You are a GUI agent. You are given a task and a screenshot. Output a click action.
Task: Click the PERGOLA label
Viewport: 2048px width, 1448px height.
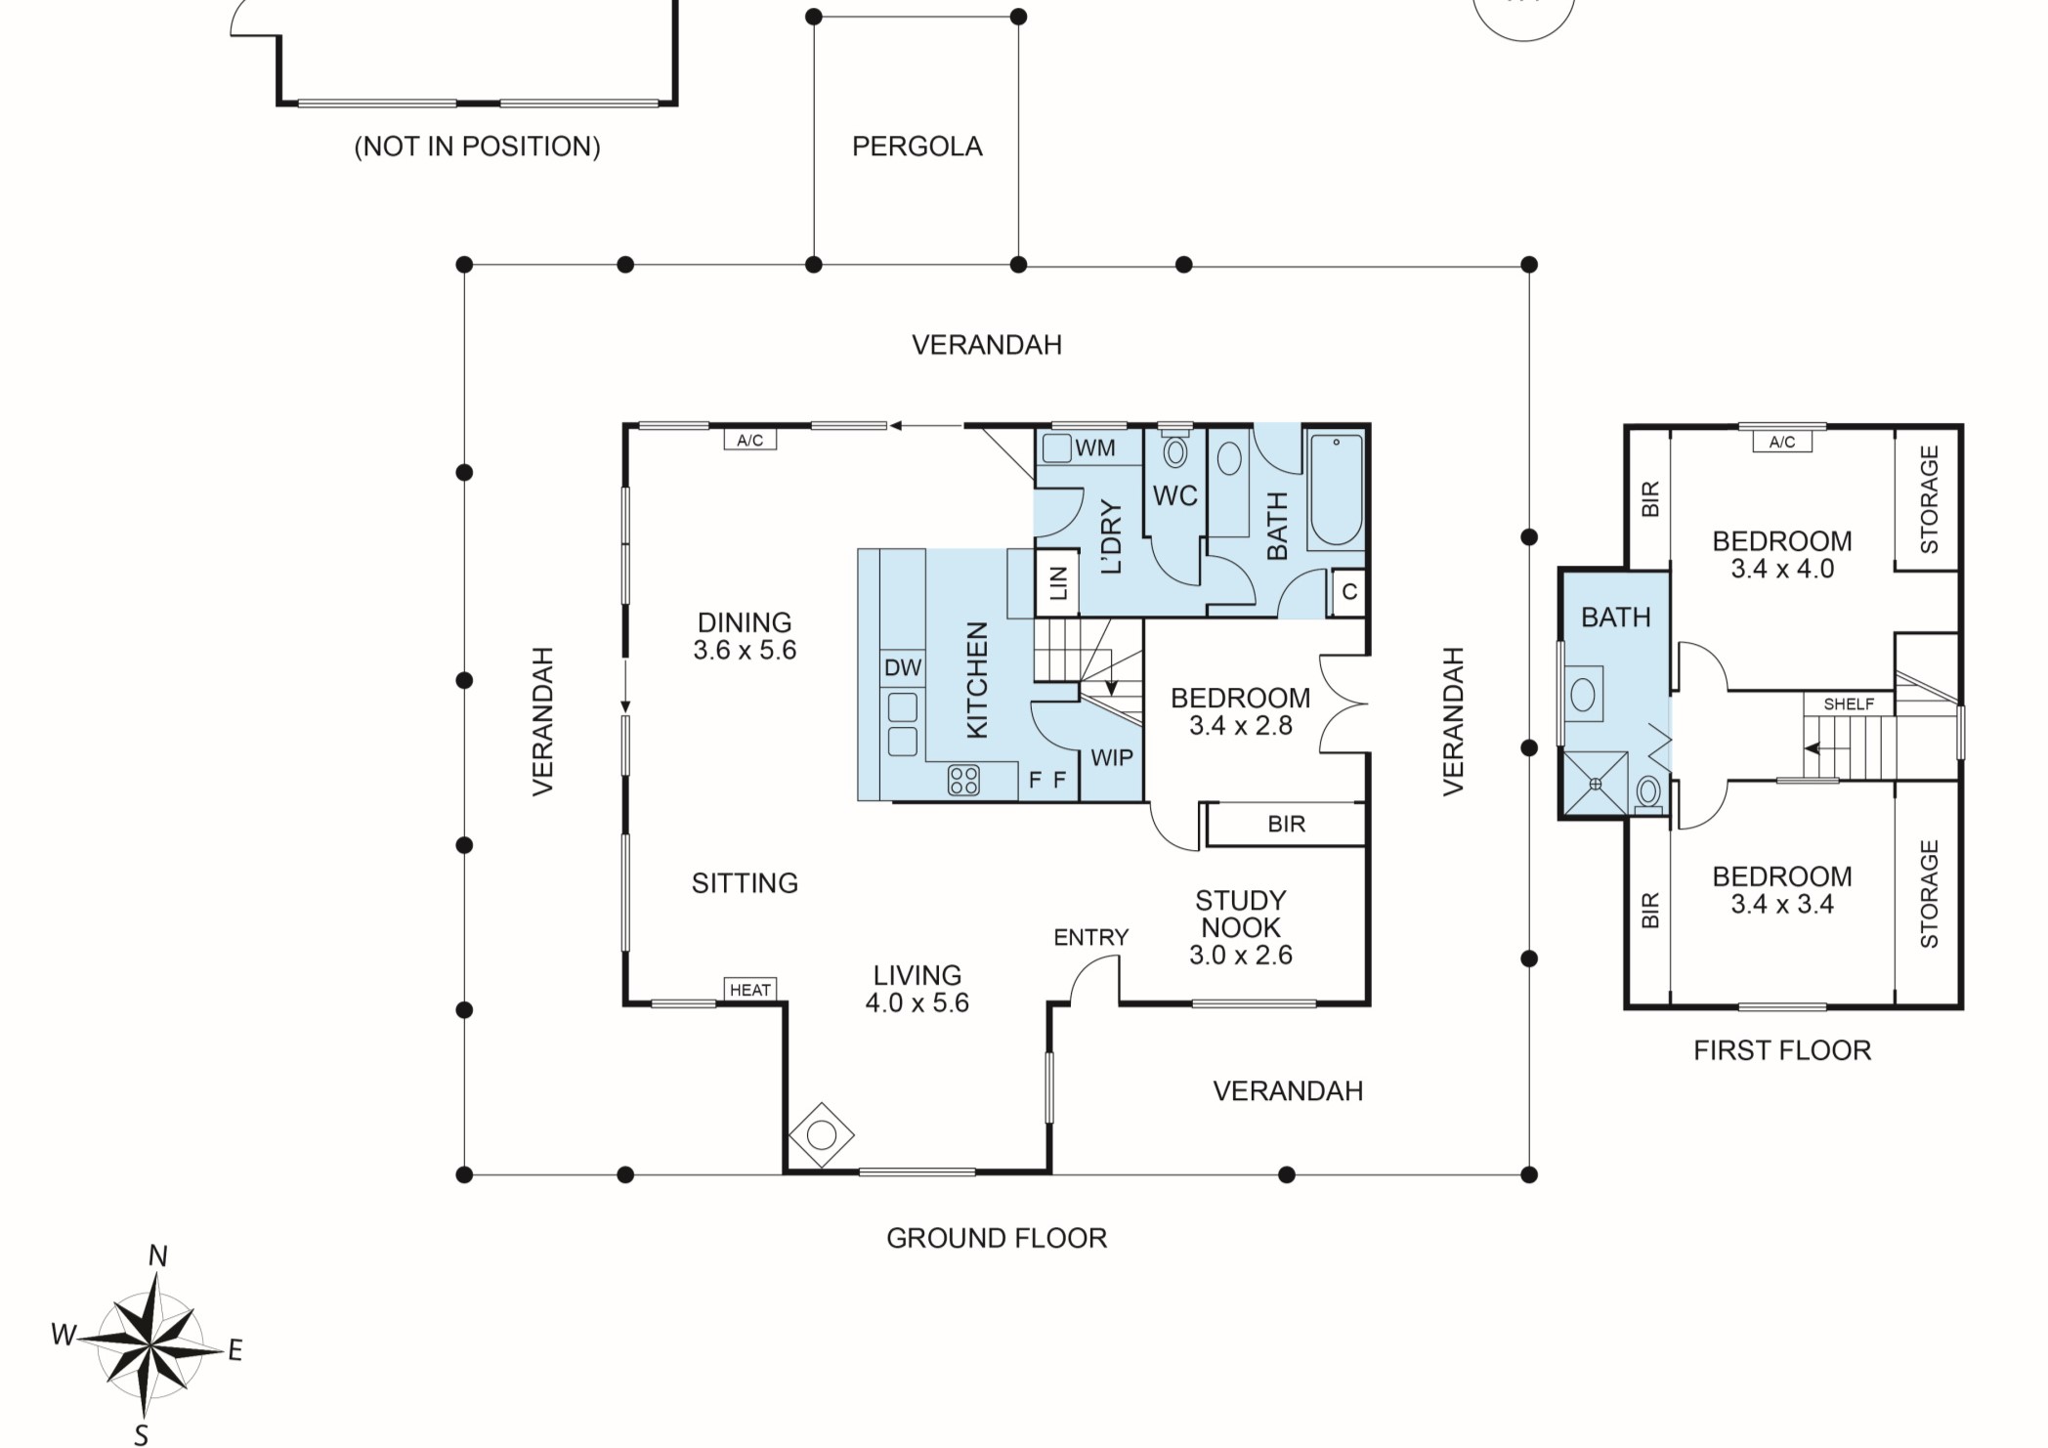click(x=917, y=147)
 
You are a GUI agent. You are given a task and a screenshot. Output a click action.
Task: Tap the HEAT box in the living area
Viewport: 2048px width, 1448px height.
click(x=749, y=990)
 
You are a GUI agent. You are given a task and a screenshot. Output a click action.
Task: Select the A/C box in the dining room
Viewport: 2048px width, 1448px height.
click(x=749, y=441)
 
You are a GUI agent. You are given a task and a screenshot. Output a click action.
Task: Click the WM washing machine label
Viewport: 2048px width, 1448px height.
click(x=1094, y=448)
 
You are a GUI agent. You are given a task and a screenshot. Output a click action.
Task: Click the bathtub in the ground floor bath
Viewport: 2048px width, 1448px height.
click(x=1335, y=490)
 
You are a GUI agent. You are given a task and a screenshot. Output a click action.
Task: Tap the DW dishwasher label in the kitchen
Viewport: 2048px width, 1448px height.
click(x=902, y=668)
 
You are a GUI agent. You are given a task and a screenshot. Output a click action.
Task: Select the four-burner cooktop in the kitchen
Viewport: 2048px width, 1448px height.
click(x=963, y=780)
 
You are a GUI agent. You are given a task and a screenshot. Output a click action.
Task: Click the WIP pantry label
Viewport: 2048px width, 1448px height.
click(x=1111, y=758)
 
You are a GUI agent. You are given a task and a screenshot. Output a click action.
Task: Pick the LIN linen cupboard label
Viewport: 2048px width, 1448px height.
click(x=1058, y=584)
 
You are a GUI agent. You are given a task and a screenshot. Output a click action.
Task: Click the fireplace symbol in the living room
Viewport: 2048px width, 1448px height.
click(x=821, y=1135)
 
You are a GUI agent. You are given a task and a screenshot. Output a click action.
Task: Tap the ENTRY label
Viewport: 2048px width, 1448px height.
click(x=1090, y=938)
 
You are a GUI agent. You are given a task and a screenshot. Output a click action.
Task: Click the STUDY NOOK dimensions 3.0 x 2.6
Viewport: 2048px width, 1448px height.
click(x=1240, y=956)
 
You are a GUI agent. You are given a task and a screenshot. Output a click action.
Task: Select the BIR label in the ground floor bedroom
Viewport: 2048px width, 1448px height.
click(x=1286, y=825)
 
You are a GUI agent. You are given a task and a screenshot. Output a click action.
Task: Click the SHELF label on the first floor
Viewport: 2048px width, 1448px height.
click(x=1849, y=703)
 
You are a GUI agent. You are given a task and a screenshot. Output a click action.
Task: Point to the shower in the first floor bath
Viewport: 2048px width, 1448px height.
click(x=1596, y=783)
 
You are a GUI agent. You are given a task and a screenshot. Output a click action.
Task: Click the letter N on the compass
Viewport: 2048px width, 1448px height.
click(x=157, y=1256)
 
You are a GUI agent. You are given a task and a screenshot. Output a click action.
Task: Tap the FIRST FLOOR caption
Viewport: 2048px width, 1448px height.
click(x=1781, y=1050)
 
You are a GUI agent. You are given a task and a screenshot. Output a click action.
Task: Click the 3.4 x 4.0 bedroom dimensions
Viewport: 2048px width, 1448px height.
click(x=1781, y=569)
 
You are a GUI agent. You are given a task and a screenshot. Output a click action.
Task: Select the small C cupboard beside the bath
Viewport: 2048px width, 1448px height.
click(x=1349, y=592)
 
